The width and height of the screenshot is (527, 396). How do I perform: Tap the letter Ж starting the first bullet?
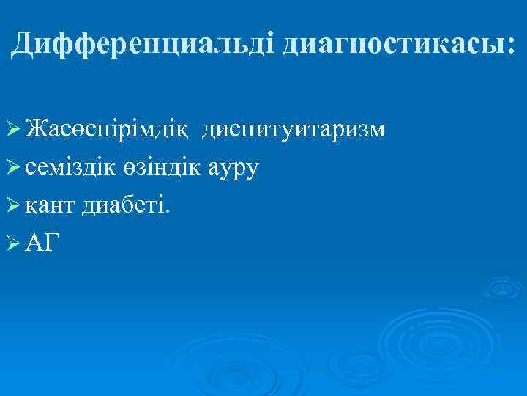34,130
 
